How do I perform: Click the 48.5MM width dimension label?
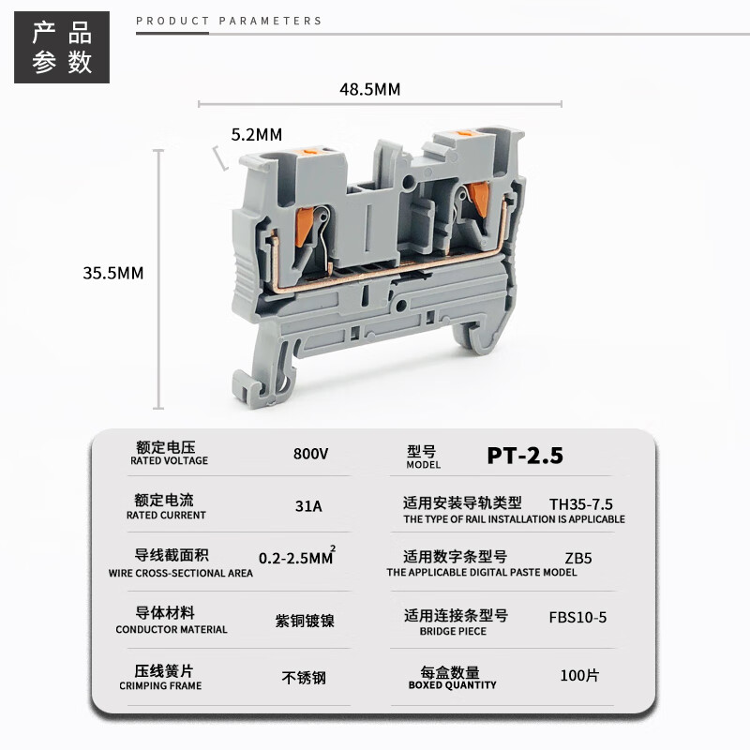369,89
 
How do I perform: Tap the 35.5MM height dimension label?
112,274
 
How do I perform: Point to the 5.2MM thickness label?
256,134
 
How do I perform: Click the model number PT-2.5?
525,456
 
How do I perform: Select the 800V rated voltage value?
310,454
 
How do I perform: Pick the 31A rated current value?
308,506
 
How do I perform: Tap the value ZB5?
578,558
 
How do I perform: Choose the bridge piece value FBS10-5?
578,617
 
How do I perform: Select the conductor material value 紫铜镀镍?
305,621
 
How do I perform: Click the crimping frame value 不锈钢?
304,677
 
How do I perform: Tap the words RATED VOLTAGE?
170,461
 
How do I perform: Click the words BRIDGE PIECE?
453,632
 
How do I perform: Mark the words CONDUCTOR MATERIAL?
172,630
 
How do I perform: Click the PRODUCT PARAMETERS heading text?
229,21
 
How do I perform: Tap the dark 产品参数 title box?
62,47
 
